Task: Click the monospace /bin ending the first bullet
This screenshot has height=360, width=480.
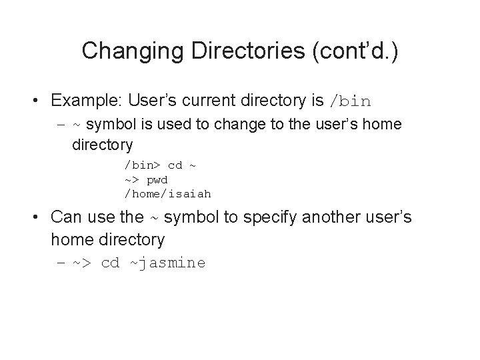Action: click(x=350, y=102)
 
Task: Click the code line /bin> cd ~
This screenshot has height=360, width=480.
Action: click(x=159, y=164)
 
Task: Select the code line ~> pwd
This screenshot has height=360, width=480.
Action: click(x=146, y=179)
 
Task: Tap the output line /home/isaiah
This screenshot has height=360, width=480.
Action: click(x=167, y=194)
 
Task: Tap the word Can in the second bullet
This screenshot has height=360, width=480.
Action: click(x=65, y=217)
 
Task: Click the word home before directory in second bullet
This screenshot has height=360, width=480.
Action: click(x=71, y=239)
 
